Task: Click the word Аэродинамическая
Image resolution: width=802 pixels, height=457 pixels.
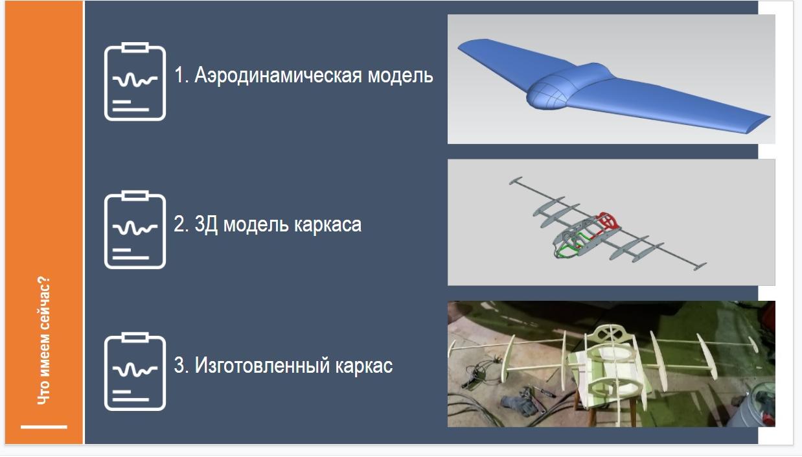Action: (x=278, y=76)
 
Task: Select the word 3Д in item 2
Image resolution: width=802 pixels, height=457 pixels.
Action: (x=206, y=224)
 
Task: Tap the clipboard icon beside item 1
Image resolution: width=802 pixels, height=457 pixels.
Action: (x=135, y=81)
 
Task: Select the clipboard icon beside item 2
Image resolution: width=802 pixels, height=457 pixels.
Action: (x=135, y=229)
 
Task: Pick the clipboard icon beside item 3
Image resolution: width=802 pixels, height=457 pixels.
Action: (x=135, y=371)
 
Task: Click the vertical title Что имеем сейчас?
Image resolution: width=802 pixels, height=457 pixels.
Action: (x=43, y=340)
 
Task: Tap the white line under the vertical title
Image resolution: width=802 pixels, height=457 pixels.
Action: (x=44, y=427)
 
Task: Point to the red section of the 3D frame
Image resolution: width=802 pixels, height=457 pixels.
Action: (x=607, y=222)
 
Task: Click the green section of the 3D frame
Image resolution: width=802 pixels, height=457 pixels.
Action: (x=573, y=247)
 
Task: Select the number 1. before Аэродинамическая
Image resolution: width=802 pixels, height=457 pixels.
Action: (x=181, y=75)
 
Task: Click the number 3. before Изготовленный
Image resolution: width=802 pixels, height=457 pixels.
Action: (x=181, y=366)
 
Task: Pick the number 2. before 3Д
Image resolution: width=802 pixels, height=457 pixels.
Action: (x=181, y=224)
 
